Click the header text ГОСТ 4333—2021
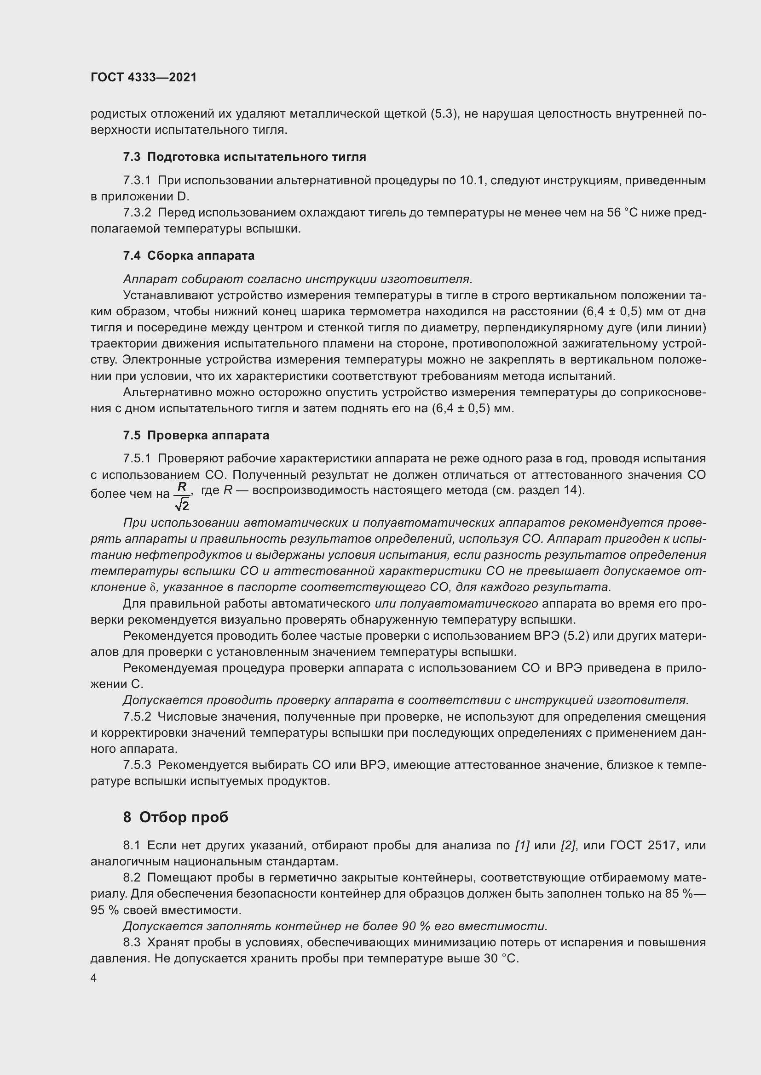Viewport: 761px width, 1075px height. click(x=144, y=77)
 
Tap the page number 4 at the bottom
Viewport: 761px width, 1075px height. click(x=94, y=978)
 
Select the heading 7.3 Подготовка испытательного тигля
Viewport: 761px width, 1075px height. click(x=244, y=157)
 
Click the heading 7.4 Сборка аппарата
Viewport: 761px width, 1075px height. click(x=189, y=256)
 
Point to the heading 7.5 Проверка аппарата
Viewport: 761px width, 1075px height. click(x=196, y=435)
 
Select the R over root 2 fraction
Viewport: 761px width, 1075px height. click(x=182, y=496)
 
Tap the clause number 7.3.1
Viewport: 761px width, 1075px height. click(x=137, y=181)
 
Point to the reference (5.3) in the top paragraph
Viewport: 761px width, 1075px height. click(x=444, y=114)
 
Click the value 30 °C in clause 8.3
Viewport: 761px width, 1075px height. click(x=501, y=958)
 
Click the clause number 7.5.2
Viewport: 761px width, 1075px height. click(x=137, y=717)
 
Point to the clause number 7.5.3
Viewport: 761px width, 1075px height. click(x=137, y=765)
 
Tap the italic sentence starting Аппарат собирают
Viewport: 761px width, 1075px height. click(x=298, y=279)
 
